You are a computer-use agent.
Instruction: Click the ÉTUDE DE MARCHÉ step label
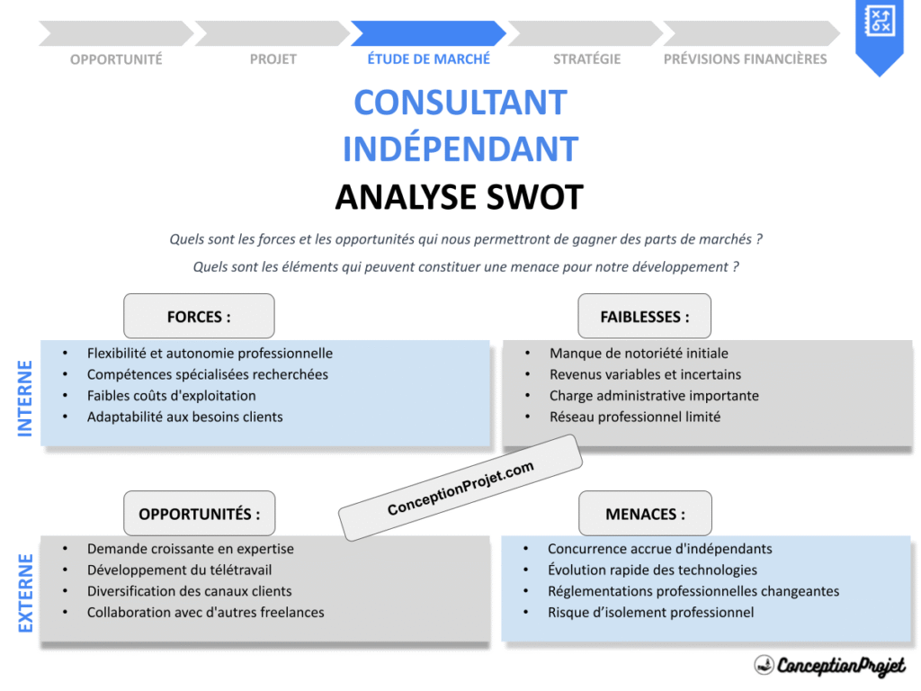pyautogui.click(x=428, y=59)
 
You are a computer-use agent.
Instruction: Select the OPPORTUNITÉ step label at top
pyautogui.click(x=116, y=59)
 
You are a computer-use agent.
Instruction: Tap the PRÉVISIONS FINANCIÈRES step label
pyautogui.click(x=745, y=59)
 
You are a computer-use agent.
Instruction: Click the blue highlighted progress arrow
pyautogui.click(x=428, y=33)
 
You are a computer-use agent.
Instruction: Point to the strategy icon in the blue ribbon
pyautogui.click(x=878, y=21)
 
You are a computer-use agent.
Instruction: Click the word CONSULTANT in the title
pyautogui.click(x=460, y=103)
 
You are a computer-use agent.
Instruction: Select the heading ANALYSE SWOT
pyautogui.click(x=459, y=197)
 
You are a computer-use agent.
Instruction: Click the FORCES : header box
pyautogui.click(x=199, y=317)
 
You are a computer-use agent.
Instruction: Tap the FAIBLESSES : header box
pyautogui.click(x=644, y=317)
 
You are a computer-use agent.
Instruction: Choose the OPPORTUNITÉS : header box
pyautogui.click(x=199, y=514)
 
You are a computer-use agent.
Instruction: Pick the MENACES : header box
pyautogui.click(x=644, y=514)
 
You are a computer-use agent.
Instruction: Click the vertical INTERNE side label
pyautogui.click(x=25, y=398)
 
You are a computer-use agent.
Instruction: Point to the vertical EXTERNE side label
pyautogui.click(x=25, y=593)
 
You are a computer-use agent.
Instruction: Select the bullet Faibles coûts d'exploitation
pyautogui.click(x=171, y=396)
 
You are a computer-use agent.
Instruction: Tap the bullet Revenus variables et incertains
pyautogui.click(x=645, y=374)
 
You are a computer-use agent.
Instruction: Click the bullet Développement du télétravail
pyautogui.click(x=179, y=570)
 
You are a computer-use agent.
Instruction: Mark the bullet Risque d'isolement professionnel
pyautogui.click(x=650, y=613)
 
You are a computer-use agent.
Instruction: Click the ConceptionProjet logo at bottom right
pyautogui.click(x=829, y=666)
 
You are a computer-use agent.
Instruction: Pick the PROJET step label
pyautogui.click(x=273, y=59)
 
